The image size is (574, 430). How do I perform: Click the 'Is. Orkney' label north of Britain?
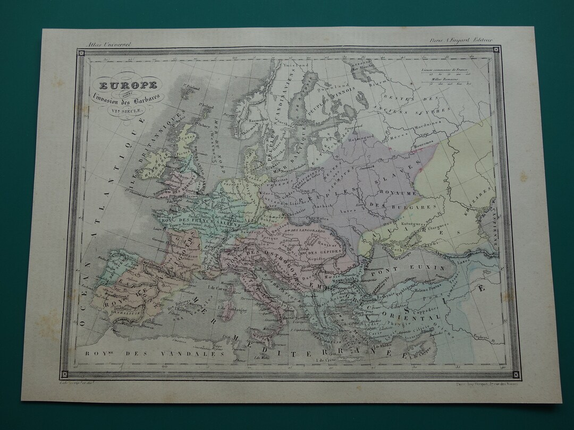point(202,126)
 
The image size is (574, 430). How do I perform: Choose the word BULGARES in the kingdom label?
point(420,206)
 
